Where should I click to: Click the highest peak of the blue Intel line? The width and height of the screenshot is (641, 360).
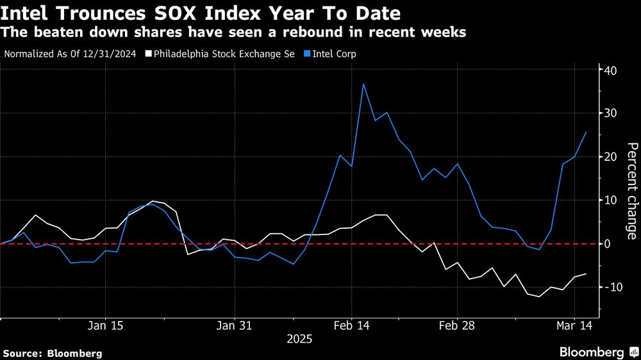click(x=363, y=84)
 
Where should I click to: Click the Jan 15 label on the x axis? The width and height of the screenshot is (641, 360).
click(x=105, y=326)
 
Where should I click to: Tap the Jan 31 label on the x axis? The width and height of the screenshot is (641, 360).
click(x=235, y=326)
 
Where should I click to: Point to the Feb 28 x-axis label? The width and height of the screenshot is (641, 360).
click(x=457, y=326)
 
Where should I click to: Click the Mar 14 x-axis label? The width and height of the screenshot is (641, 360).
click(x=574, y=326)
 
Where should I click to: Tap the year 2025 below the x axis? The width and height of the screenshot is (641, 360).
click(x=299, y=339)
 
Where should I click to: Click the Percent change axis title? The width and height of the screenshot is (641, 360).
click(x=631, y=190)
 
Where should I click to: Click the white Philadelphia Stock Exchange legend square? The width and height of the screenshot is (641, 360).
click(x=149, y=54)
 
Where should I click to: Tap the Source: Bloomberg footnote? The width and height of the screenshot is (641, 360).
click(x=53, y=353)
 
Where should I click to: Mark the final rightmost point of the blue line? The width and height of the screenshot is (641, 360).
click(x=586, y=132)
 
